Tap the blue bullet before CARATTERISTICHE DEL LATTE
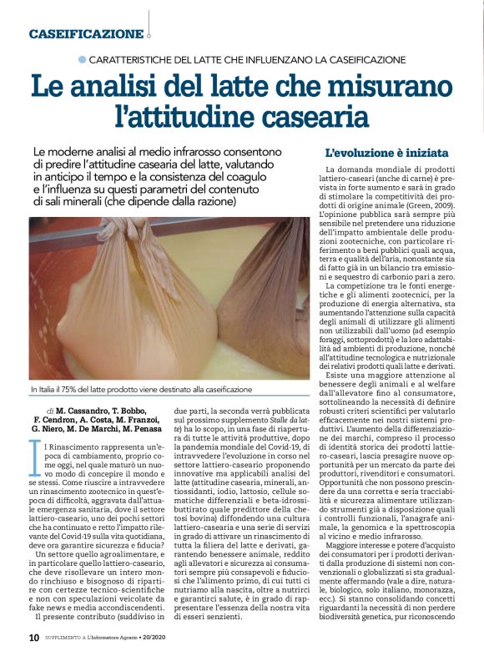(81, 59)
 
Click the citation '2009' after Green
(453, 203)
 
